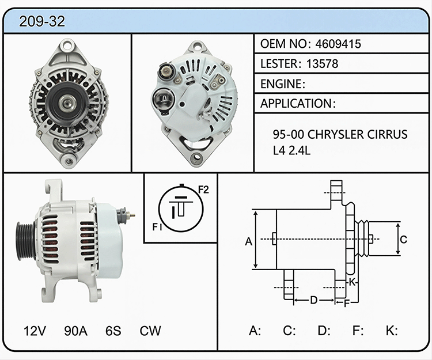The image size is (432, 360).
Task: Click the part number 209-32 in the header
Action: click(42, 21)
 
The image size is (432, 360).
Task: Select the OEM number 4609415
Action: click(338, 44)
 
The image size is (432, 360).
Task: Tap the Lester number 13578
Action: click(322, 63)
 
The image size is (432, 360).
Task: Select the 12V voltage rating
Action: click(35, 331)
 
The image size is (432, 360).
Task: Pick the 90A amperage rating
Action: click(76, 331)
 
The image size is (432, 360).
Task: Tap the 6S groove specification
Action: click(113, 331)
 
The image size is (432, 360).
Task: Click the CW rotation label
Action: click(150, 331)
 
